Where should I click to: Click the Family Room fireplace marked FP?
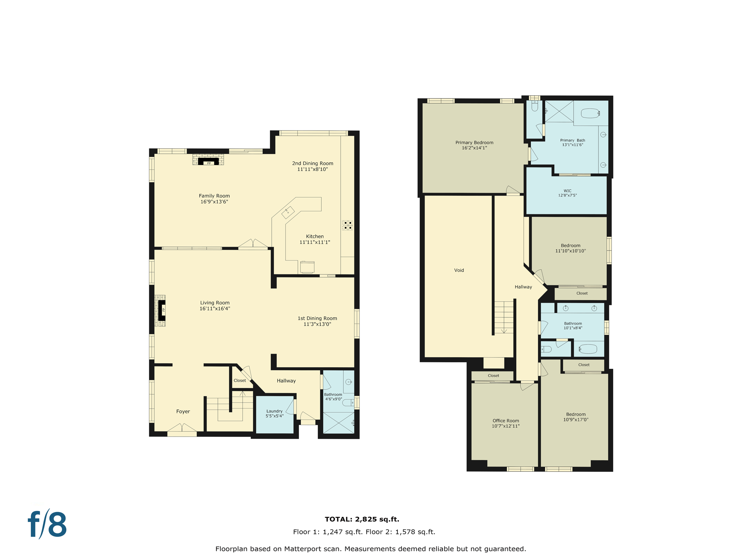208,161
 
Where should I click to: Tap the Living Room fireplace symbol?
162,310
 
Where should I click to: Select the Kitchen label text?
314,236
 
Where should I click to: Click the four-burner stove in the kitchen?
347,225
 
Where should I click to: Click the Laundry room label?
274,411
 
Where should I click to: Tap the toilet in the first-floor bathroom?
348,403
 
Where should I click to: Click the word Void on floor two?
459,270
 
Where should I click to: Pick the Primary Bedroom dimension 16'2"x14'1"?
474,148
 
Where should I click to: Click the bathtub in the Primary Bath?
590,114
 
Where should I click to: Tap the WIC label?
567,191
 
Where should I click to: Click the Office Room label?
505,421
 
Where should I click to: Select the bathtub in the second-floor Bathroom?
588,349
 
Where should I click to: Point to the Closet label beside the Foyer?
239,380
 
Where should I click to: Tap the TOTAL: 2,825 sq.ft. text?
362,519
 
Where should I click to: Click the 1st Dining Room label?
317,318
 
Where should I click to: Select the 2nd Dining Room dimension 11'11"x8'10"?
312,169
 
